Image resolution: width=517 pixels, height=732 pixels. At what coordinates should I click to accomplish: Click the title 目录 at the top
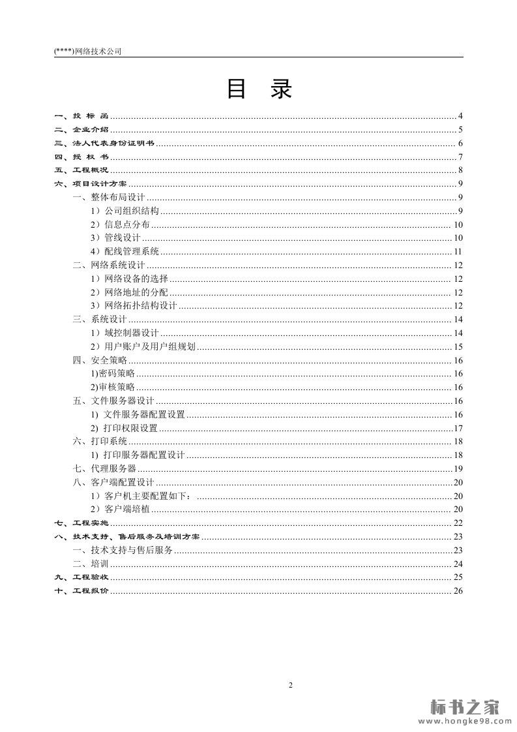coord(259,89)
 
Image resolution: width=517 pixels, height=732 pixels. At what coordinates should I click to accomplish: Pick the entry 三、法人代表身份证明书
coord(104,144)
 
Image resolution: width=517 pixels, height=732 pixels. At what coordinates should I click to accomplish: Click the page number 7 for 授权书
coord(460,157)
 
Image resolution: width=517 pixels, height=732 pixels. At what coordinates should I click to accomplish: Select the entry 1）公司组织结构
coord(125,211)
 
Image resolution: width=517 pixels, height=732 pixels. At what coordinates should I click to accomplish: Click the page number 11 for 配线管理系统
coord(458,252)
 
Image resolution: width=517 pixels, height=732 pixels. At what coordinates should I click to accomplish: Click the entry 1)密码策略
coord(113,374)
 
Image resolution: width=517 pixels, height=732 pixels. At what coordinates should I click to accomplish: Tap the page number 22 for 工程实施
coord(458,523)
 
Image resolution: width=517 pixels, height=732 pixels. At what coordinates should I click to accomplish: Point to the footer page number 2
coord(291,685)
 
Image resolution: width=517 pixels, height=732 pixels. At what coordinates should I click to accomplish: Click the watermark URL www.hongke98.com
coord(464,721)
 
